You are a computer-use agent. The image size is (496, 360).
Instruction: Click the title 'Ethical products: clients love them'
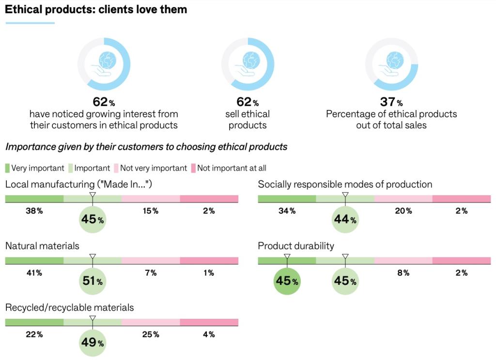pyautogui.click(x=96, y=10)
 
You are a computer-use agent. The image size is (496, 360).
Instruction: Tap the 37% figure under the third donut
pyautogui.click(x=391, y=102)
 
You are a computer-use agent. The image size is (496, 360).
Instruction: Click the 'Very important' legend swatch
pyautogui.click(x=7, y=168)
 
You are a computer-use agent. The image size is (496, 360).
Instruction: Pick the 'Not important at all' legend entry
pyautogui.click(x=229, y=168)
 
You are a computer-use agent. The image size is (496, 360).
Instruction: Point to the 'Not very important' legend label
pyautogui.click(x=153, y=168)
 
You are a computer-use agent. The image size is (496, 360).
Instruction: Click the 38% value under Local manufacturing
pyautogui.click(x=34, y=211)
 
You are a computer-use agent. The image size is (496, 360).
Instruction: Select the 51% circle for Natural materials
pyautogui.click(x=92, y=281)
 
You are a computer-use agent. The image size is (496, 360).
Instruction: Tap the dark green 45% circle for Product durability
pyautogui.click(x=287, y=281)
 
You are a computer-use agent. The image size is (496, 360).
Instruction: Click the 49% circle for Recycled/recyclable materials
pyautogui.click(x=92, y=343)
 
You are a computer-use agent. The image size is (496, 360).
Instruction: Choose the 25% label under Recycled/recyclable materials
pyautogui.click(x=151, y=334)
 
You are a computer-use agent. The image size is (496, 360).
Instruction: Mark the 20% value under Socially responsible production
pyautogui.click(x=403, y=211)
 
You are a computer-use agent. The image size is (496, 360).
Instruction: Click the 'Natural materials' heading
pyautogui.click(x=42, y=246)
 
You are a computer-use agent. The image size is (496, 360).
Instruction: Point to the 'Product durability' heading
pyautogui.click(x=296, y=246)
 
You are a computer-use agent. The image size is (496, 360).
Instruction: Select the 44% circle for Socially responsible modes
pyautogui.click(x=345, y=219)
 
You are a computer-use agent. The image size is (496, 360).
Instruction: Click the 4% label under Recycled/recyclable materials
pyautogui.click(x=209, y=334)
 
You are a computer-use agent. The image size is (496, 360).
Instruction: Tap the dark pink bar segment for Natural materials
pyautogui.click(x=209, y=261)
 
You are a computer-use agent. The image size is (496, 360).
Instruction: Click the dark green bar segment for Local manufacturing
pyautogui.click(x=34, y=199)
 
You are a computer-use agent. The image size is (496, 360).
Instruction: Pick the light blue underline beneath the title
pyautogui.click(x=30, y=23)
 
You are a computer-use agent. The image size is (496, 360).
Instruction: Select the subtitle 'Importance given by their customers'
pyautogui.click(x=146, y=147)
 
